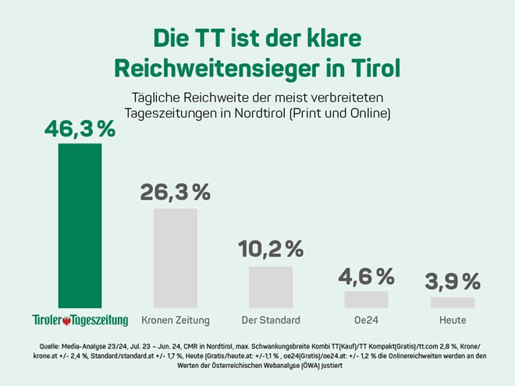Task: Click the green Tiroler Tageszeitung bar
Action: pyautogui.click(x=80, y=226)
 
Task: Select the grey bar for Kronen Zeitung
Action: pyautogui.click(x=176, y=258)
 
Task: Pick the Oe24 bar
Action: pyautogui.click(x=366, y=299)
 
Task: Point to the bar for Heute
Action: pyautogui.click(x=453, y=303)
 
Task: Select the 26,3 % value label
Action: pyautogui.click(x=176, y=193)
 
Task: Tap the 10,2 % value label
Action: pyautogui.click(x=271, y=250)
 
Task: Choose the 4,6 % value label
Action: pyautogui.click(x=366, y=275)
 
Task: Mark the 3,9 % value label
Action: pyautogui.click(x=453, y=282)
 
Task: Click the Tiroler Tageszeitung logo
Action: pyautogui.click(x=80, y=320)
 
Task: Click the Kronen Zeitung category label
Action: pyautogui.click(x=176, y=320)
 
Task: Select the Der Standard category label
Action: pyautogui.click(x=271, y=320)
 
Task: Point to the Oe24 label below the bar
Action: pyautogui.click(x=366, y=320)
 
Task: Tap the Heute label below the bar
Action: pyautogui.click(x=453, y=320)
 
